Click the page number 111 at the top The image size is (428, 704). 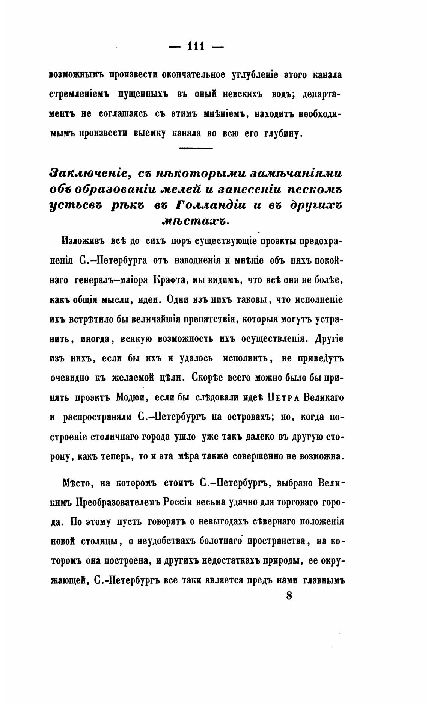(x=196, y=47)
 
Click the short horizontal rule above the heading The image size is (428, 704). (x=196, y=149)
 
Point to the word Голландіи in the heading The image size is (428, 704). (x=211, y=206)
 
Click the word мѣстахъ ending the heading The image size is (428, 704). (x=195, y=221)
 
